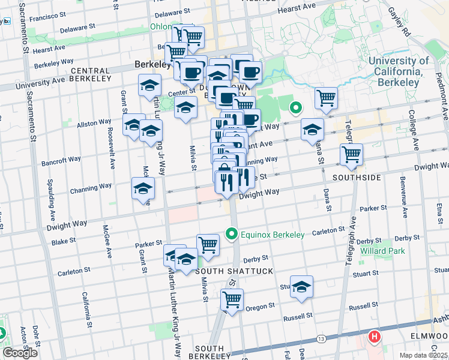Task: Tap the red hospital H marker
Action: tap(375, 338)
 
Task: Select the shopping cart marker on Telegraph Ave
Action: tap(352, 154)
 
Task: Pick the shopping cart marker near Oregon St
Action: tap(232, 298)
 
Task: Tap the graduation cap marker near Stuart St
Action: tap(301, 287)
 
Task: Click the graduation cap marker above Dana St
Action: tap(312, 129)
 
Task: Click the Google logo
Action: tap(20, 353)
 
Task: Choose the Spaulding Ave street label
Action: tap(52, 201)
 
